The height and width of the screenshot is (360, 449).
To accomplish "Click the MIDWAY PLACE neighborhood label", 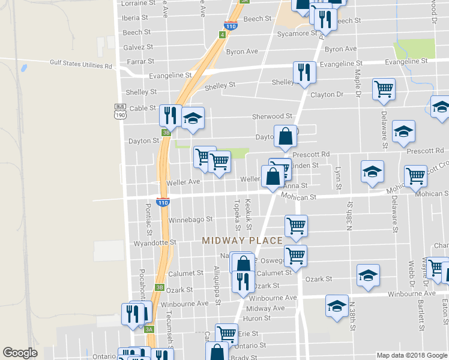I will coord(242,241).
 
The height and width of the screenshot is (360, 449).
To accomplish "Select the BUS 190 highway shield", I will coord(121,112).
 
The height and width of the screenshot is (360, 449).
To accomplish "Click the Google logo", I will coord(20,353).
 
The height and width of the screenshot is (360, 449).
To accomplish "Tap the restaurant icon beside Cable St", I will coord(170,115).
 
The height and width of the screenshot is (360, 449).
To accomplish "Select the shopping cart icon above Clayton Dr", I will coord(384,89).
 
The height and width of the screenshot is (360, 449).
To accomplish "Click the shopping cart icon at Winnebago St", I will coord(296,226).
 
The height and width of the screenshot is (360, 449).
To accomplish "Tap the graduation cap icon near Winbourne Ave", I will coord(337,305).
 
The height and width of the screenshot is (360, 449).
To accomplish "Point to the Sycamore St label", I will coord(297,34).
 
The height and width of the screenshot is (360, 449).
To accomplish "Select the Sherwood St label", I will coord(272,116).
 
